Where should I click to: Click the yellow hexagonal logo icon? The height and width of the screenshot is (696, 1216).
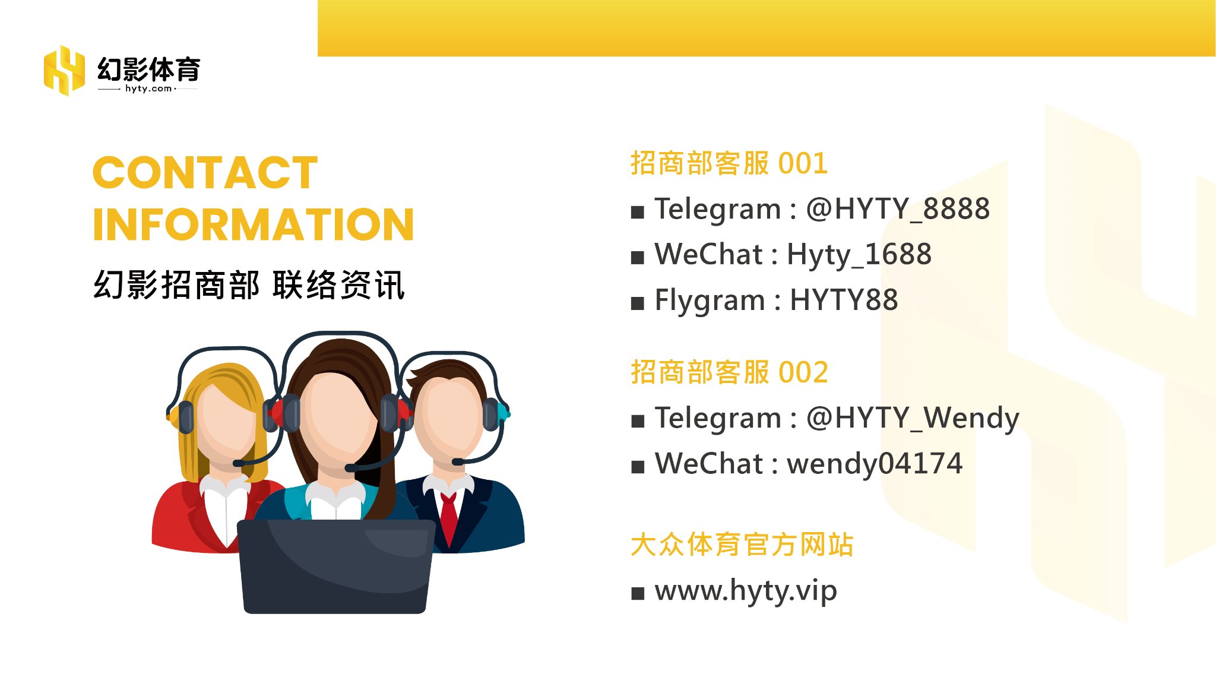click(64, 70)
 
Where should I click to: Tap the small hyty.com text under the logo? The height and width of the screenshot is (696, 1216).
click(148, 88)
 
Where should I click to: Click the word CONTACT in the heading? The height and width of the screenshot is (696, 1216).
click(205, 173)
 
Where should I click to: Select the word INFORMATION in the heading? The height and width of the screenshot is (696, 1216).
click(254, 224)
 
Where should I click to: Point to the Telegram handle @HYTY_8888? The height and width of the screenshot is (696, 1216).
click(898, 209)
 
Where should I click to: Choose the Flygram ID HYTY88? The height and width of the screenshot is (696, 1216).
click(844, 300)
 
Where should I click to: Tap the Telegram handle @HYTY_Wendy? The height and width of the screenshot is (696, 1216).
click(913, 418)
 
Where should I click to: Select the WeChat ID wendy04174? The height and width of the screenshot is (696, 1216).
click(874, 464)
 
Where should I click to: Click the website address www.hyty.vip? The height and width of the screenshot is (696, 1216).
click(746, 591)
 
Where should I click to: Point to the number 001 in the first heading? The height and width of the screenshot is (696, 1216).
click(803, 163)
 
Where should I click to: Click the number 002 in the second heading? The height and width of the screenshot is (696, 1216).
click(803, 372)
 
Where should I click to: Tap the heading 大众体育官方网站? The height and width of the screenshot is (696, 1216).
click(742, 545)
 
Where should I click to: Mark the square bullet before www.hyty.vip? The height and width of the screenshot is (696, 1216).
click(638, 593)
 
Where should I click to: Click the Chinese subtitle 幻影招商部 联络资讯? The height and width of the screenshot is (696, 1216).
click(249, 285)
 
